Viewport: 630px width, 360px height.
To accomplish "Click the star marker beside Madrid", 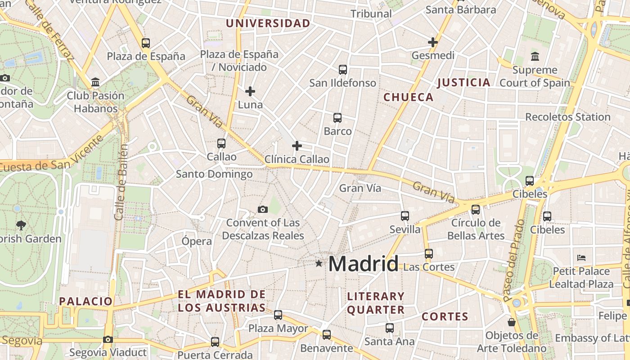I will (x=319, y=263).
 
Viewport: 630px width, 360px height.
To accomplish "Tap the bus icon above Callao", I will (x=221, y=144).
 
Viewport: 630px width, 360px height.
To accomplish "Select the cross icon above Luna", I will (x=250, y=91).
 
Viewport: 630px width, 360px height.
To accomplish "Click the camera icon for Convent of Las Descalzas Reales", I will (x=263, y=209).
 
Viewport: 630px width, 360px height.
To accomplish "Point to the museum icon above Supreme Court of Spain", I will (x=535, y=57).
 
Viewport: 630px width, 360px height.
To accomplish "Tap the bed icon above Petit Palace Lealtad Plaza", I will (x=581, y=258).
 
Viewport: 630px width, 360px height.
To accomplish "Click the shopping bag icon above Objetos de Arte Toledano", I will (x=512, y=322).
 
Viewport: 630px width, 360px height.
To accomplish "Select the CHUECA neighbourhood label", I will (x=409, y=97).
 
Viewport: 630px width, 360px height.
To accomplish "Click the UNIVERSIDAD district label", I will (x=268, y=23).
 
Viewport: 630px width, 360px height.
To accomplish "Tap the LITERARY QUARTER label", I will (x=376, y=303).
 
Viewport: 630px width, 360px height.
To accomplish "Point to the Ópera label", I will (x=197, y=241).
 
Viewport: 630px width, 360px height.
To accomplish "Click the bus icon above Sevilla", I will (x=405, y=216).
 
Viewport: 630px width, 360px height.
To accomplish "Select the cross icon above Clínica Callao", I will (x=297, y=146).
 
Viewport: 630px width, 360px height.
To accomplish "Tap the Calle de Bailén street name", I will (x=121, y=182).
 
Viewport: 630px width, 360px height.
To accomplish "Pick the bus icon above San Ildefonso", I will (x=343, y=69).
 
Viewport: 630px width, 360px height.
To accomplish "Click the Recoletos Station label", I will (x=568, y=117).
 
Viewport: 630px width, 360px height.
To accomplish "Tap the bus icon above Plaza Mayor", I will (x=278, y=315).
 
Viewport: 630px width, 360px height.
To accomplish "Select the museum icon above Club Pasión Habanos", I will (x=95, y=82).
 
